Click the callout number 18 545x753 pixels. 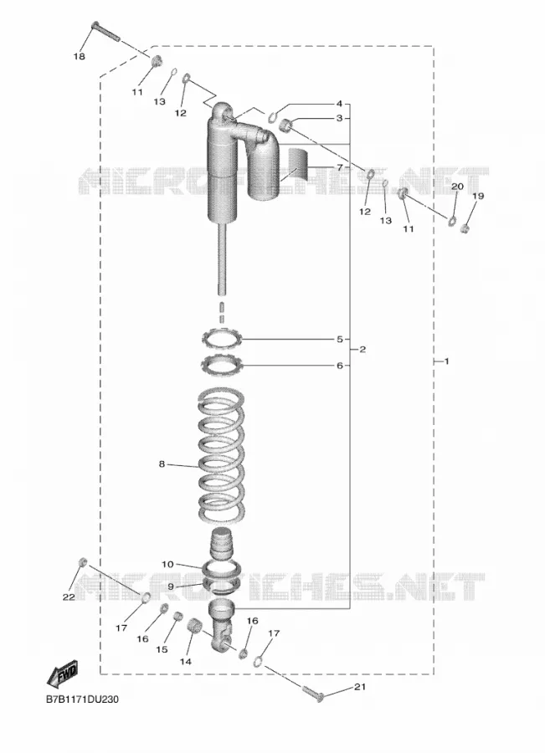80,57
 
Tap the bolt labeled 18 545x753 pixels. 105,32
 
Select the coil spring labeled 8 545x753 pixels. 221,456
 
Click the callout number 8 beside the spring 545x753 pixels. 162,464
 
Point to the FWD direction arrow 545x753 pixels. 62,674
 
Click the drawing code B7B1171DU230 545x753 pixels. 82,699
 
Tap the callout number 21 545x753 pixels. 360,687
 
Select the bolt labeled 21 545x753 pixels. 313,693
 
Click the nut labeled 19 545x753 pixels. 465,228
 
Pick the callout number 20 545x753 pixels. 457,186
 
